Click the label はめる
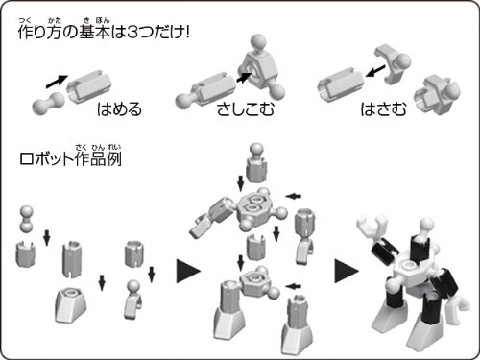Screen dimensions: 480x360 click(x=119, y=108)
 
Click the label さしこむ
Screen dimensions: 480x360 click(x=246, y=108)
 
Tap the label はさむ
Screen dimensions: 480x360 click(x=383, y=108)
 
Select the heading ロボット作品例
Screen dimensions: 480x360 click(x=70, y=158)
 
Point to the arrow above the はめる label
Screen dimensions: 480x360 click(x=57, y=82)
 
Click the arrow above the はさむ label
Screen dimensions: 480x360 click(x=375, y=71)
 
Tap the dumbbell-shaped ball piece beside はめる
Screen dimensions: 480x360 click(x=48, y=104)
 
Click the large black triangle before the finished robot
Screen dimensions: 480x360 click(x=347, y=271)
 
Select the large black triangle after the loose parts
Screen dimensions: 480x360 click(x=188, y=271)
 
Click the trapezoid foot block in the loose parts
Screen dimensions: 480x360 click(x=71, y=305)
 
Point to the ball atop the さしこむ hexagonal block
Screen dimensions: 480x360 click(x=258, y=41)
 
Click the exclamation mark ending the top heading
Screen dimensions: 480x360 click(x=187, y=32)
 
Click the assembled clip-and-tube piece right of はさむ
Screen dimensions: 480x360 click(x=438, y=92)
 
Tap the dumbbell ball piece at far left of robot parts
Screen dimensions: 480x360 click(x=27, y=219)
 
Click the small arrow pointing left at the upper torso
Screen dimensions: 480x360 click(x=294, y=196)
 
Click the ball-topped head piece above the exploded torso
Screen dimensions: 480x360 click(x=256, y=163)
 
